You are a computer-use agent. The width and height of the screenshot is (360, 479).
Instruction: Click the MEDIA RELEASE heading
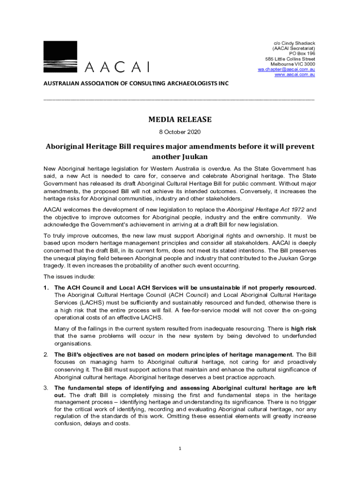tap(180, 119)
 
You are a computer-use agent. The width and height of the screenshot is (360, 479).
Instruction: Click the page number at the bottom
tap(180, 449)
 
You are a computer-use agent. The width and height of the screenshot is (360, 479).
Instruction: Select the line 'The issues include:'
tap(69, 276)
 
